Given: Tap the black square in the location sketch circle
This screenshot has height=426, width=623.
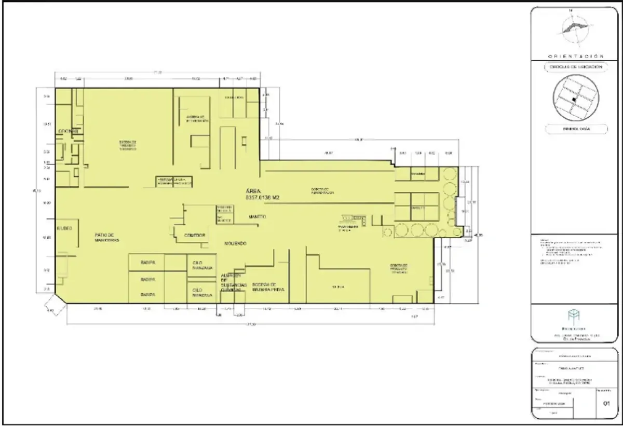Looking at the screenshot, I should point(573,99).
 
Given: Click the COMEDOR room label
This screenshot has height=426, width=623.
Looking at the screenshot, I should point(191,235).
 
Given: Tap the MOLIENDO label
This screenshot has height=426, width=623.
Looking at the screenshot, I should point(235,243).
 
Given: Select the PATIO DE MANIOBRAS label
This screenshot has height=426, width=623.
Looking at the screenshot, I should point(107,238).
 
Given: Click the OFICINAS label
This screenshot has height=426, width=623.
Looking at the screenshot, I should point(68,131).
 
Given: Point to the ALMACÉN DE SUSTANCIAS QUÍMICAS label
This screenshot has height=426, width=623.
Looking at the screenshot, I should point(231,283).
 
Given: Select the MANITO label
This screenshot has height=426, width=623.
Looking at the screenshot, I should point(258,216).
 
